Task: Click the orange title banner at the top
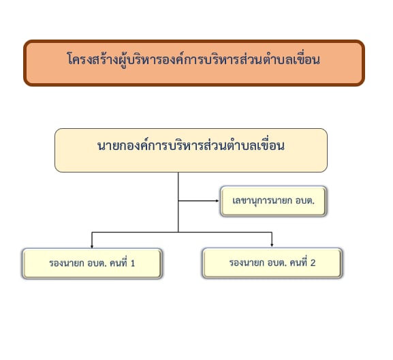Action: (x=194, y=63)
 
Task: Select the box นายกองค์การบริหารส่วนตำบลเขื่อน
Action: (x=191, y=150)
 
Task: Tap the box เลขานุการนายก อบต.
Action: (x=273, y=201)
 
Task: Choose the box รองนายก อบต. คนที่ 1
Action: (x=92, y=263)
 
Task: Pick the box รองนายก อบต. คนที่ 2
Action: (x=272, y=263)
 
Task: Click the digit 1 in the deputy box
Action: (x=133, y=263)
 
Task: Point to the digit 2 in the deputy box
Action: (x=313, y=262)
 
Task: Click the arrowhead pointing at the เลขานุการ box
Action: (x=217, y=200)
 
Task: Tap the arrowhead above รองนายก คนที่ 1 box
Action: (x=92, y=246)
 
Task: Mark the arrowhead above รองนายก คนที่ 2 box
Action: (x=272, y=245)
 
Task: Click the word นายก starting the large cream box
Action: (x=108, y=146)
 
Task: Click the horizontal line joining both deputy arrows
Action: (x=182, y=232)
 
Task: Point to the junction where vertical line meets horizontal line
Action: (x=178, y=232)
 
